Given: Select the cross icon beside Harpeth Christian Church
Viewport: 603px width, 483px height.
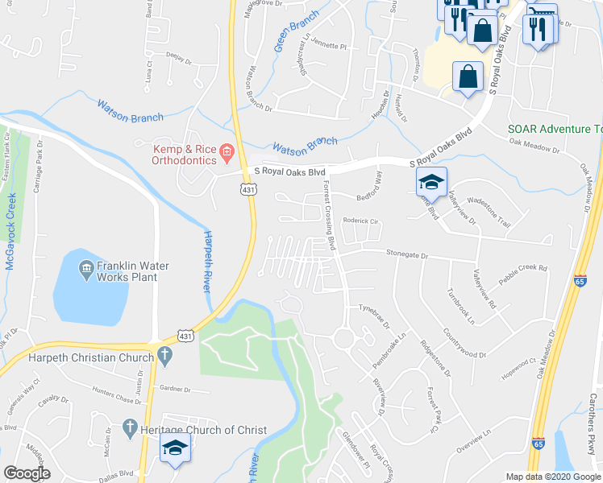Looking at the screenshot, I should (164, 353).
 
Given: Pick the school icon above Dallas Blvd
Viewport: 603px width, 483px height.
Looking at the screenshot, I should (174, 449).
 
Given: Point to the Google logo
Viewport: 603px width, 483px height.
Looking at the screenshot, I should (27, 473).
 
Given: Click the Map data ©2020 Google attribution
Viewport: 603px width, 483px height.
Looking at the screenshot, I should (553, 477).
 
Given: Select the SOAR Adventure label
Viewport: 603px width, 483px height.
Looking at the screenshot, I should (555, 129).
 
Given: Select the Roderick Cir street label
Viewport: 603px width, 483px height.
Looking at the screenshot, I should (360, 220).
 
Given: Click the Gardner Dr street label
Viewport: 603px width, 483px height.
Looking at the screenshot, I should (174, 389).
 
